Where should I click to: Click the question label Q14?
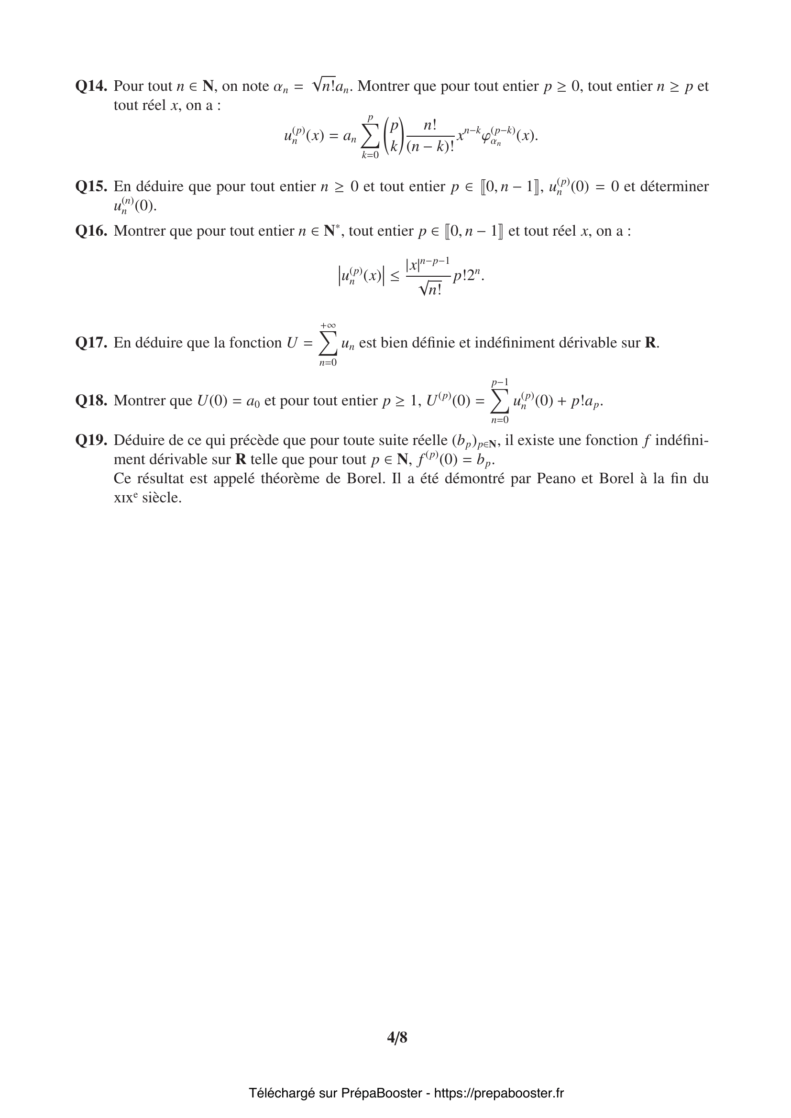coord(91,86)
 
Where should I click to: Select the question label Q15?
coord(91,186)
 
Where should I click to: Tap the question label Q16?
coord(91,231)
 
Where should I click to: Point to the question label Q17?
coord(91,343)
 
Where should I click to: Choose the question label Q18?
coord(91,401)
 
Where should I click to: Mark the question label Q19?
coord(91,440)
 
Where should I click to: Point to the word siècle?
coord(161,498)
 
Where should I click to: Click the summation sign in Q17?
coord(328,344)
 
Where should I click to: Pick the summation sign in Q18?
coord(500,401)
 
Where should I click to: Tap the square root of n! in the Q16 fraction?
coord(430,290)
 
